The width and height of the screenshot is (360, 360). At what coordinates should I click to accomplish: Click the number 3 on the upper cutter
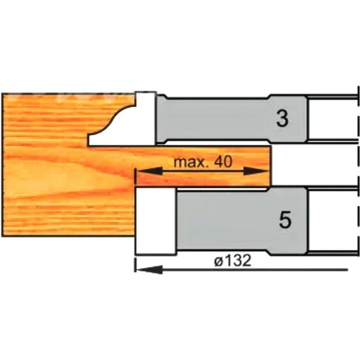coord(282,120)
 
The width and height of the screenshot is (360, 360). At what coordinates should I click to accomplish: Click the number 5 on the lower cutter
coord(285,220)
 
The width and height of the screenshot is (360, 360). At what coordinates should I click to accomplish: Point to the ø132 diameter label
coord(232,261)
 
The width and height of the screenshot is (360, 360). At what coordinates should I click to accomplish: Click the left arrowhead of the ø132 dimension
coord(149,269)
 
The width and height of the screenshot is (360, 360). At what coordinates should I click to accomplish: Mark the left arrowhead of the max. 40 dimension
coord(149,172)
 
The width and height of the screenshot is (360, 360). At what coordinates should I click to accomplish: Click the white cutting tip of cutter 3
coord(146,118)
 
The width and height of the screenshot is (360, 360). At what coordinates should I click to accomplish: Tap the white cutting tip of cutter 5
coord(156,221)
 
